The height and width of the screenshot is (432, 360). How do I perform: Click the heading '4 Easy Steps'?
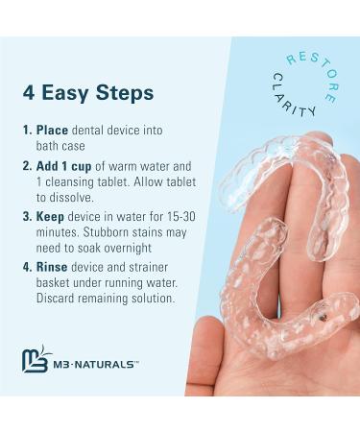pyautogui.click(x=89, y=92)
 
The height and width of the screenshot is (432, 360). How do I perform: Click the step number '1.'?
pyautogui.click(x=27, y=130)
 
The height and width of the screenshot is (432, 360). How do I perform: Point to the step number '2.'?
pyautogui.click(x=27, y=164)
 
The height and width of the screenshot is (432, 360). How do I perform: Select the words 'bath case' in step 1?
pyautogui.click(x=65, y=146)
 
